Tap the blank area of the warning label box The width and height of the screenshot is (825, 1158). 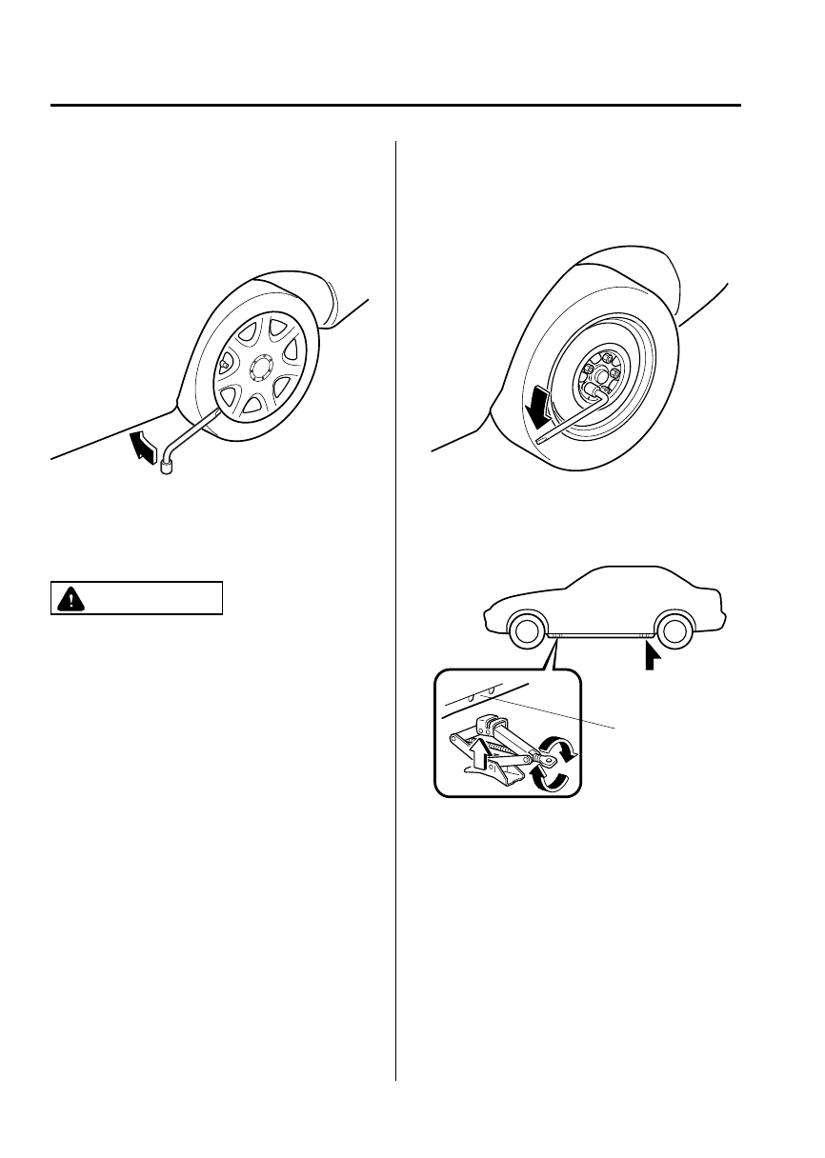pyautogui.click(x=152, y=598)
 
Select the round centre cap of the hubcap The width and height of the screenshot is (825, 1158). pyautogui.click(x=262, y=368)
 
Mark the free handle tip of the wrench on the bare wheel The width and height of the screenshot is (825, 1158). pyautogui.click(x=540, y=441)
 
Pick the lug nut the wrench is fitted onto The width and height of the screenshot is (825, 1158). pyautogui.click(x=600, y=388)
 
